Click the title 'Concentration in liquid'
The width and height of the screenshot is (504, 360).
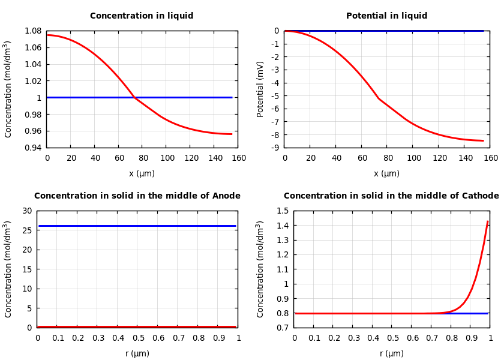click(x=142, y=16)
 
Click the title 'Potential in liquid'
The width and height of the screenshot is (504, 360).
click(x=386, y=16)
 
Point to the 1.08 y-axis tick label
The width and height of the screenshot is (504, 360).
click(x=32, y=31)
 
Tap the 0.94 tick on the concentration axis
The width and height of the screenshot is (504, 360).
click(x=32, y=148)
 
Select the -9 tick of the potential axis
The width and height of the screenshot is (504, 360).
click(x=275, y=148)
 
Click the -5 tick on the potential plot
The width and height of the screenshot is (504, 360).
click(x=275, y=96)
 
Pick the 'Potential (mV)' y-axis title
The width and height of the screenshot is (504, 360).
click(x=260, y=89)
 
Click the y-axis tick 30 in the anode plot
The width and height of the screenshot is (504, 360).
click(x=26, y=211)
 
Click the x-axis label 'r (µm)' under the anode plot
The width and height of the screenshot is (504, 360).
click(x=137, y=354)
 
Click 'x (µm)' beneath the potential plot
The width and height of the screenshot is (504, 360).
click(x=386, y=174)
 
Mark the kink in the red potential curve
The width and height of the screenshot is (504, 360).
click(x=379, y=98)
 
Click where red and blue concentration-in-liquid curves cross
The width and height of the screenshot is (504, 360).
click(x=134, y=97)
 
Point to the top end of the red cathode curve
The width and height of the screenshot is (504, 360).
click(x=487, y=222)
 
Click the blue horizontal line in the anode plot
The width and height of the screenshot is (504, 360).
click(x=137, y=226)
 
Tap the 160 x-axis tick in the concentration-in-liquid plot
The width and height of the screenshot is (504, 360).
click(x=239, y=158)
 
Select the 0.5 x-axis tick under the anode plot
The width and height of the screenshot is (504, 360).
click(x=137, y=338)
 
